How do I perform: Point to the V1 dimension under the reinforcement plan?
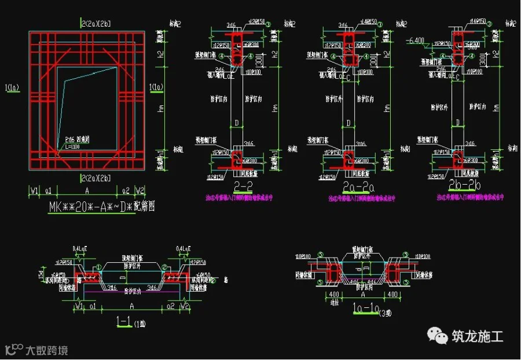pos(34,190)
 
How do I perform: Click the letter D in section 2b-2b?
pos(458,123)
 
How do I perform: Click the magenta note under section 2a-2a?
pos(349,197)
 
